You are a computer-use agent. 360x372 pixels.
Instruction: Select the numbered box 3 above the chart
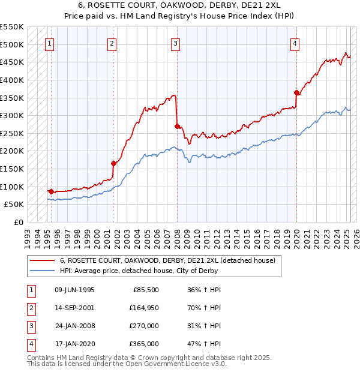click(175, 43)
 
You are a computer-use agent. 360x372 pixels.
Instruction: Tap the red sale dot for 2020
click(297, 92)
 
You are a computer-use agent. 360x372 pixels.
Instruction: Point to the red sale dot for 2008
click(177, 126)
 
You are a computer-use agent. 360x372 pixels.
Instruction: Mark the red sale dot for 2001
click(113, 163)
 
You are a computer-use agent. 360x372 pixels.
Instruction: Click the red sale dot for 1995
click(51, 191)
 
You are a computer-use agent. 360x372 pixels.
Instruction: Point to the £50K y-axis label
click(14, 205)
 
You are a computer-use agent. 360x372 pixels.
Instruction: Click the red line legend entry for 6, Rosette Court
click(167, 260)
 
